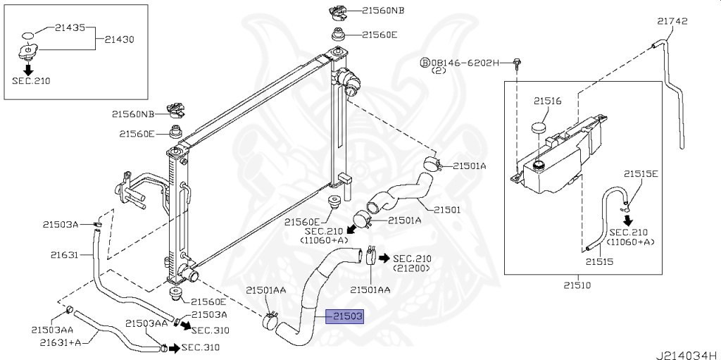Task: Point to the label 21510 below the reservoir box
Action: [x=577, y=285]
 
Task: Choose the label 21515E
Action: [x=641, y=173]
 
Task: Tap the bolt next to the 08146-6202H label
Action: [x=518, y=64]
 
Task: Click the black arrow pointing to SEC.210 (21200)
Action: [x=384, y=258]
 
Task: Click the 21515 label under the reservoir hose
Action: [x=599, y=261]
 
